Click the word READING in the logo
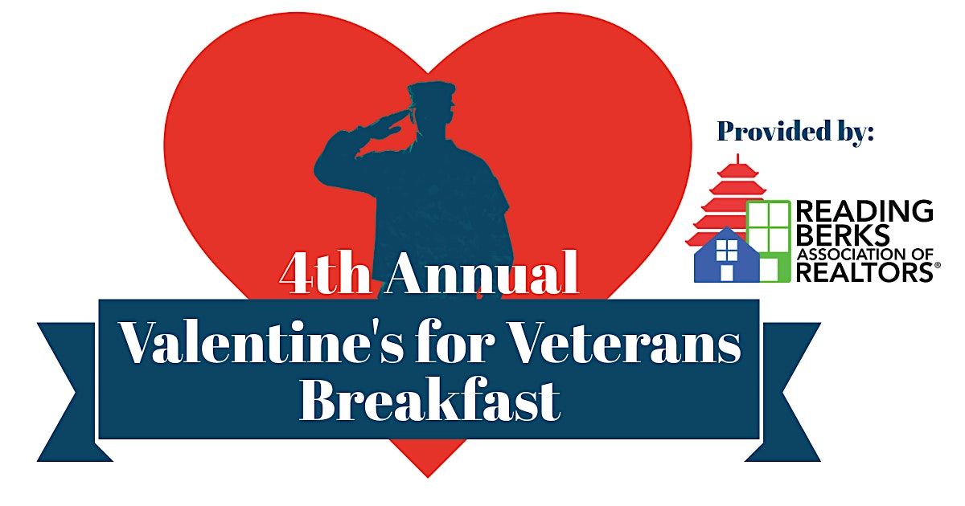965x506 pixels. [x=864, y=212]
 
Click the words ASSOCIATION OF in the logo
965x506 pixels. [x=864, y=255]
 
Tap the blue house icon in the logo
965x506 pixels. [x=726, y=257]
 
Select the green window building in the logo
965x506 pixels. [x=769, y=237]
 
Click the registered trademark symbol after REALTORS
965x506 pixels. [x=935, y=276]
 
